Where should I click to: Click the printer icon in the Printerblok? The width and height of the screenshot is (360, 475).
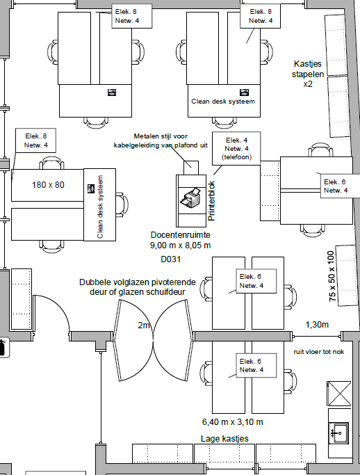tap(190, 198)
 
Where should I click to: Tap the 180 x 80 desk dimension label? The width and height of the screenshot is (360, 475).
tap(48, 185)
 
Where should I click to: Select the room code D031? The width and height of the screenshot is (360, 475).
tap(171, 259)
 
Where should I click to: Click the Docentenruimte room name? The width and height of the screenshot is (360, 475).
tap(181, 235)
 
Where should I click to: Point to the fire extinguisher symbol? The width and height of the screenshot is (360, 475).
tap(2, 347)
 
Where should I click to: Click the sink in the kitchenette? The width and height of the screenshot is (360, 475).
tap(339, 433)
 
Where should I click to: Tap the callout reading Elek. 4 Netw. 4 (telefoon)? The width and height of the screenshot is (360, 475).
tap(236, 148)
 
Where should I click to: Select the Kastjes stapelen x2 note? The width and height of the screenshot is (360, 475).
tap(308, 74)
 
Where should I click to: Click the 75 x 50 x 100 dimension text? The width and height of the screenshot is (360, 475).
tap(332, 276)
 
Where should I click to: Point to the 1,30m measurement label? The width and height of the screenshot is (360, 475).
tap(317, 325)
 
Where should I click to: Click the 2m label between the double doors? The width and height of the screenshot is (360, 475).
tap(144, 325)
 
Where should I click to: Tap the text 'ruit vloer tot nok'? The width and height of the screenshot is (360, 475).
tap(319, 352)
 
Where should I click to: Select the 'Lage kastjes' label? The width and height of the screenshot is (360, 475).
tap(224, 439)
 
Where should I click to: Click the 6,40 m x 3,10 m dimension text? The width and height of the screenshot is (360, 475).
tap(233, 421)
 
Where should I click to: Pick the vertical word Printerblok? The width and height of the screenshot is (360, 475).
tap(211, 200)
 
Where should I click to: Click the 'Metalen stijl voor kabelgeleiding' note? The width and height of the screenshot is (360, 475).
tap(161, 140)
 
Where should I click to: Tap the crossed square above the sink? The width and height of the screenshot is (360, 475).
tap(339, 394)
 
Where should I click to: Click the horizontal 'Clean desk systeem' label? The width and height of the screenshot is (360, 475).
tap(223, 102)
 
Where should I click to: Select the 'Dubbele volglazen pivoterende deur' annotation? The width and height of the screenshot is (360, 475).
tap(138, 287)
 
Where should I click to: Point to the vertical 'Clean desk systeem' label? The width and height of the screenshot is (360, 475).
tap(100, 207)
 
